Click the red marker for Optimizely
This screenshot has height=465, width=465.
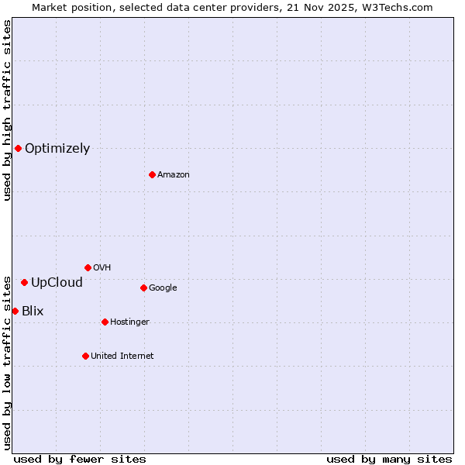coord(18,148)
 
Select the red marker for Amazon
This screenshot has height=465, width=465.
coord(152,174)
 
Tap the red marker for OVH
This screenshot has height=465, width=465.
coord(88,267)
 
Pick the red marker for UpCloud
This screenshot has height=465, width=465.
coord(24,282)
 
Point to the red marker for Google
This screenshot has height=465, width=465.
coord(143,288)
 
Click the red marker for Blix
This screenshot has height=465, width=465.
coord(15,311)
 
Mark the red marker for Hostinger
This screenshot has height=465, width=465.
coord(105,322)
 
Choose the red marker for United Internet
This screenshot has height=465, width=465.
coord(85,356)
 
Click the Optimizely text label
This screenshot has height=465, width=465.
coord(57,149)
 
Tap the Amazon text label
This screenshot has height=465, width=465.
coord(174,175)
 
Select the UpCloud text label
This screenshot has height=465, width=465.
coord(57,283)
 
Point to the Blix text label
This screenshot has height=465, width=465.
coord(33,312)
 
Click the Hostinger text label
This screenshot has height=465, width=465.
coord(129,322)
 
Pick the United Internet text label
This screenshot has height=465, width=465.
coord(122,356)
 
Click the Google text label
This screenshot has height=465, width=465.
coord(163,288)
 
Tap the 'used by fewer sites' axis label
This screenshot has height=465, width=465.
coord(80,459)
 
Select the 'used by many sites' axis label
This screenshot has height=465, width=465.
coord(389,459)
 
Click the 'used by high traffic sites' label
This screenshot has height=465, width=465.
coord(7,110)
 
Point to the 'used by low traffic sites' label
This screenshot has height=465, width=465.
coord(7,362)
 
